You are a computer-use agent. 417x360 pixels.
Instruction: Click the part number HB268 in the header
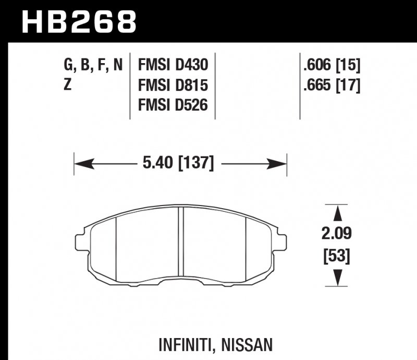coord(79,22)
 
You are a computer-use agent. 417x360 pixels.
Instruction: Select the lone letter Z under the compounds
coord(67,85)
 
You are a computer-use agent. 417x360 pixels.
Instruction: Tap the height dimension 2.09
coord(337,233)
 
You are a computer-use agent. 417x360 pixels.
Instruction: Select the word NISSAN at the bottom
coord(247,345)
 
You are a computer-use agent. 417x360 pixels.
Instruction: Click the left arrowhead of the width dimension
coord(81,164)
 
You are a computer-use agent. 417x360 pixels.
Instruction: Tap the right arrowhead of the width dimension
coord(279,164)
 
